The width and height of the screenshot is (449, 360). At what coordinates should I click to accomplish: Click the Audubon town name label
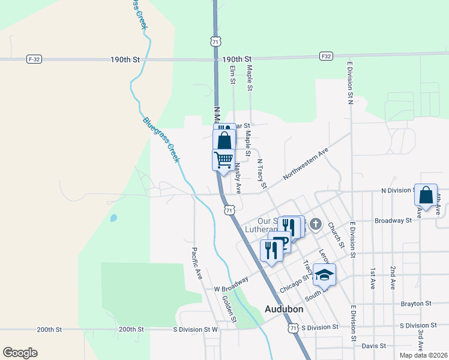(x=284, y=309)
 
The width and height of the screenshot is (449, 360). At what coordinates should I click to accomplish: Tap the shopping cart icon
(x=223, y=160)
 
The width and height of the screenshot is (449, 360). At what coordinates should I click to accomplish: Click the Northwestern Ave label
(x=306, y=164)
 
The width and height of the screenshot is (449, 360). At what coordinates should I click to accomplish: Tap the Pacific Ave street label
(x=196, y=263)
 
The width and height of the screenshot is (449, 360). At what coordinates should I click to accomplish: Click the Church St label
(x=335, y=235)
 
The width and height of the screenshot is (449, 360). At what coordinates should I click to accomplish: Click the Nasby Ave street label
(x=238, y=178)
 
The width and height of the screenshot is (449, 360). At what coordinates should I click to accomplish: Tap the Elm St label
(x=232, y=75)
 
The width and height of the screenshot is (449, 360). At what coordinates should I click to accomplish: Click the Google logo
(x=20, y=353)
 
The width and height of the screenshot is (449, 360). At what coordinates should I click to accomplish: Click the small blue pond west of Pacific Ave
(x=113, y=218)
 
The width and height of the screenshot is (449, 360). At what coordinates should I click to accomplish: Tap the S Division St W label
(x=196, y=329)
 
